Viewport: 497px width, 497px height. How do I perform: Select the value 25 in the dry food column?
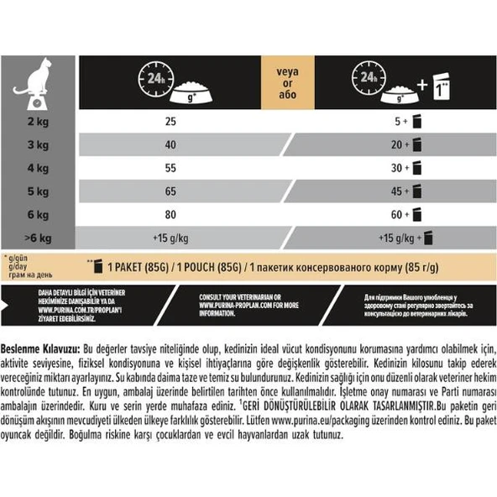171,123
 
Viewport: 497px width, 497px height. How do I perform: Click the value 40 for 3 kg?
171,144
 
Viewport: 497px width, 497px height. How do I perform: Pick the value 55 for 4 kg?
171,168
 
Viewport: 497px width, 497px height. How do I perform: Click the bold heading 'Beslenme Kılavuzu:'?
40,347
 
